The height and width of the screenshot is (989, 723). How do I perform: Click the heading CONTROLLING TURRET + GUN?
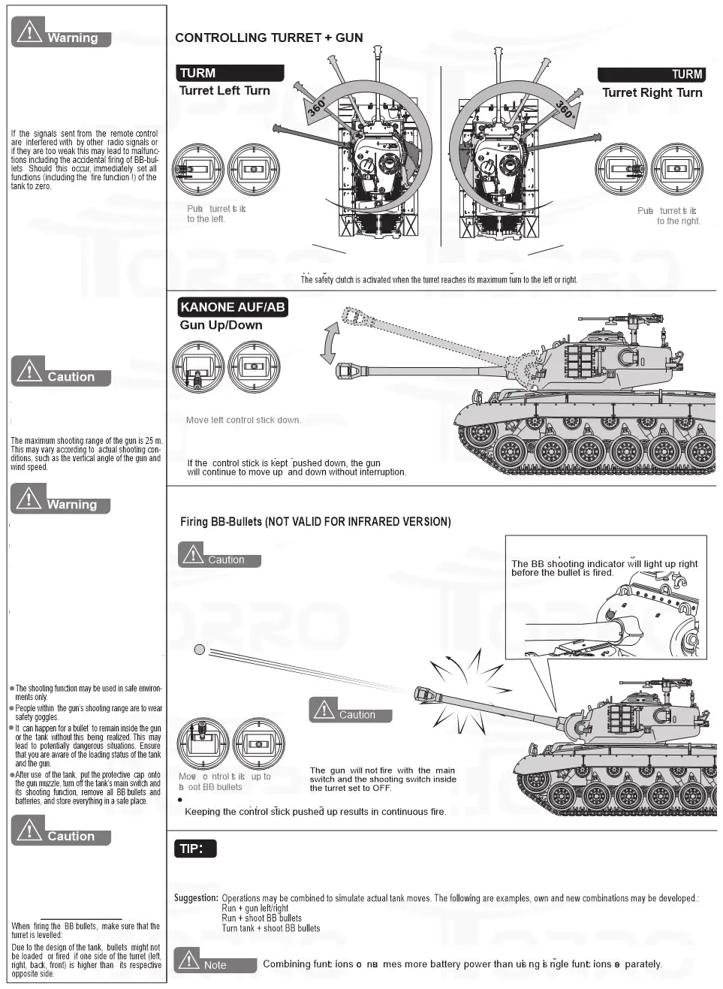point(269,38)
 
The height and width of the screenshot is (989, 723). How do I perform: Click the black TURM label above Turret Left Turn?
point(230,73)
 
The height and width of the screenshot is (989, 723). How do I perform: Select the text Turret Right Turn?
point(652,92)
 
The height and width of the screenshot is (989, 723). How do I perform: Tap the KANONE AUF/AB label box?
point(233,307)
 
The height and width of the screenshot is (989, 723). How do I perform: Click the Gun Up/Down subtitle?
point(221,325)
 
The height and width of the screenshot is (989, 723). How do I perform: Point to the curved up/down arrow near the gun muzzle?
point(329,344)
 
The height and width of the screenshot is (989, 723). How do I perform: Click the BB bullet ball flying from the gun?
point(200,650)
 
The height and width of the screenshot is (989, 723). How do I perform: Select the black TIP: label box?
point(195,849)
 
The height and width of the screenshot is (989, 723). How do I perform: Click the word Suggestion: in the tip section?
point(196,898)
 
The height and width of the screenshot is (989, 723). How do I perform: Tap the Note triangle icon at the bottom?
point(188,960)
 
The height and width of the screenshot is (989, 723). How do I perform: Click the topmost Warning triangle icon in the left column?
point(29,32)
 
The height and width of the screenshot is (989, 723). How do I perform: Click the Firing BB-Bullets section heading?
point(315,522)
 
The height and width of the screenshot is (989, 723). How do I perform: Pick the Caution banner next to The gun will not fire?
point(350,710)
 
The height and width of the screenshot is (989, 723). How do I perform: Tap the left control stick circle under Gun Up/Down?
point(198,368)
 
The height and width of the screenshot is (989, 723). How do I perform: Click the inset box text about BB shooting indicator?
point(604,568)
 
